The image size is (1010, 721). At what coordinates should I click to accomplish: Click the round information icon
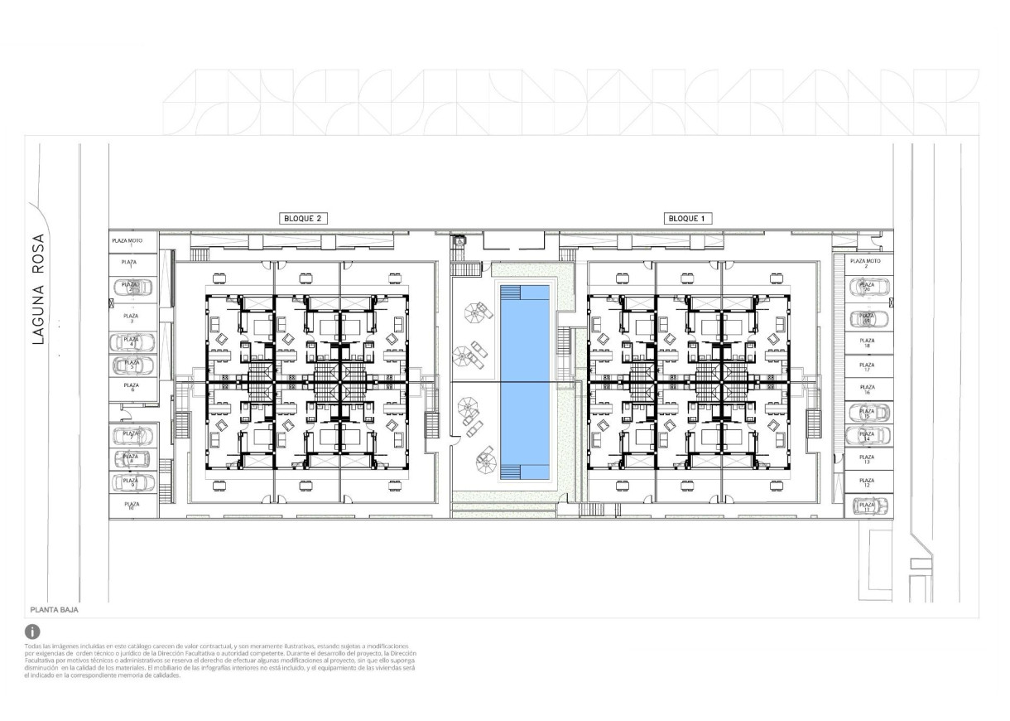33,631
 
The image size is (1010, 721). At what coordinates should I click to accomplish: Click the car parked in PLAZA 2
132,288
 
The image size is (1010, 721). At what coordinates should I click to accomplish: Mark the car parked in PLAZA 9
132,481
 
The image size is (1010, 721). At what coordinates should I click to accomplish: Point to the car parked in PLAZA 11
868,505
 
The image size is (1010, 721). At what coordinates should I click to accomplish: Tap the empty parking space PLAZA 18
867,341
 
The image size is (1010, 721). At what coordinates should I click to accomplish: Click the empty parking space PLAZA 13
867,458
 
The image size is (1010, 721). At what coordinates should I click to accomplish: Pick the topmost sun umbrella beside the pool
477,312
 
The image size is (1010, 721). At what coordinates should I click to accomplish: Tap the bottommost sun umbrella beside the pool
484,456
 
